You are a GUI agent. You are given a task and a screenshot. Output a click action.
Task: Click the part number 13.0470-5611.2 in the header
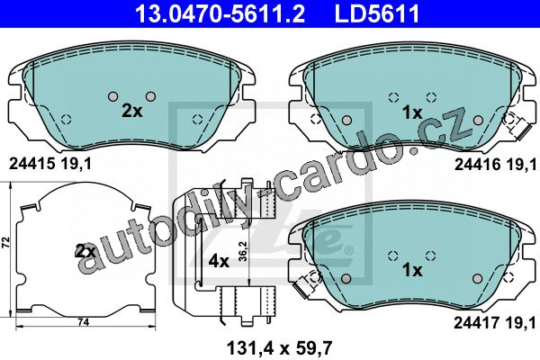pyautogui.click(x=220, y=13)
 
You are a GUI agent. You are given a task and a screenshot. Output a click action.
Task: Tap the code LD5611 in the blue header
pyautogui.click(x=377, y=13)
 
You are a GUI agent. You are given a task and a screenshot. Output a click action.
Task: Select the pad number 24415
pyautogui.click(x=31, y=164)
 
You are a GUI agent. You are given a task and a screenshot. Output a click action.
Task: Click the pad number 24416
pyautogui.click(x=477, y=165)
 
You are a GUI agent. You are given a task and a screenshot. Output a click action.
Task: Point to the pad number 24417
pyautogui.click(x=476, y=323)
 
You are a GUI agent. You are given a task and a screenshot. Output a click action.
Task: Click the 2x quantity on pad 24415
pyautogui.click(x=132, y=111)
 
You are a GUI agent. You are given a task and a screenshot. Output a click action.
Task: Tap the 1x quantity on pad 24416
pyautogui.click(x=412, y=112)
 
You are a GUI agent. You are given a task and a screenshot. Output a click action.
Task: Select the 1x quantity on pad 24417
pyautogui.click(x=412, y=270)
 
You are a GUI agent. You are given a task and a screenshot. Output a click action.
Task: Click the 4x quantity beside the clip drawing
pyautogui.click(x=219, y=262)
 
